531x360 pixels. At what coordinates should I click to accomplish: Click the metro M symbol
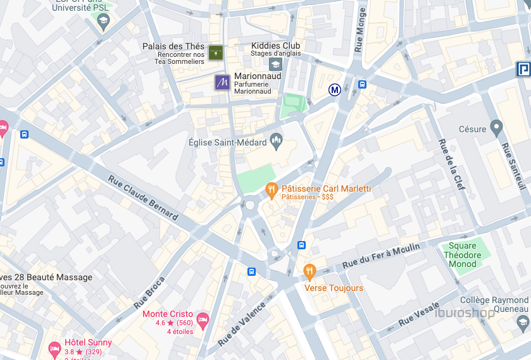(335, 90)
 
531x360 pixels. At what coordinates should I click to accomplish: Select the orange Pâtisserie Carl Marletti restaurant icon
(272, 189)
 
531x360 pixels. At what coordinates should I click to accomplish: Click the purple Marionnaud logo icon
(222, 82)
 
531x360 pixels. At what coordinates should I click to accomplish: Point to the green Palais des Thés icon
(216, 52)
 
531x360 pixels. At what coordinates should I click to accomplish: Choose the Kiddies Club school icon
(275, 64)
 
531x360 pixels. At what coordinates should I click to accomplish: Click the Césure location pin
(496, 129)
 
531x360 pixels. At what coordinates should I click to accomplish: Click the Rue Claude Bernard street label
(143, 197)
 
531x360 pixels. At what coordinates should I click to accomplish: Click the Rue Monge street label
(360, 30)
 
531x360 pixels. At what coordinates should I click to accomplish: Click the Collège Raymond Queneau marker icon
(523, 323)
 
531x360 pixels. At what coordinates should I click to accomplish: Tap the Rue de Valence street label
(241, 323)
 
